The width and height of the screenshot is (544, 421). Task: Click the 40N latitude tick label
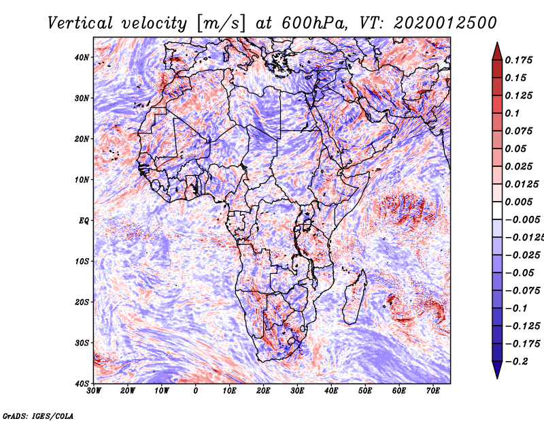pyautogui.click(x=82, y=57)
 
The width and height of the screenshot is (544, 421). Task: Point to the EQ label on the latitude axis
pyautogui.click(x=84, y=221)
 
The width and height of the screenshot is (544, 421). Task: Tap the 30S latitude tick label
pyautogui.click(x=82, y=343)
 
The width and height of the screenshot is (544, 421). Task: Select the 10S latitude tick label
pyautogui.click(x=82, y=261)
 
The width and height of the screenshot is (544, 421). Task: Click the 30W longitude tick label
pyautogui.click(x=94, y=391)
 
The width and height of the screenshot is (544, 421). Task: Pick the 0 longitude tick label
pyautogui.click(x=196, y=391)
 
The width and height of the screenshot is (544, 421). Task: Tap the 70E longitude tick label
pyautogui.click(x=433, y=391)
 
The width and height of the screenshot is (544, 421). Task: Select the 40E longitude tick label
pyautogui.click(x=331, y=391)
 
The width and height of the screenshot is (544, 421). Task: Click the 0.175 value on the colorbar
pyautogui.click(x=519, y=61)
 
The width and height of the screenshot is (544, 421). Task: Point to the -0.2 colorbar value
pyautogui.click(x=517, y=362)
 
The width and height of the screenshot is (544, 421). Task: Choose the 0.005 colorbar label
pyautogui.click(x=519, y=202)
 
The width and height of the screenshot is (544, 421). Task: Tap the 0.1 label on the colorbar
pyautogui.click(x=513, y=113)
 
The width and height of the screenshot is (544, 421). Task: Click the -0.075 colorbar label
pyautogui.click(x=523, y=291)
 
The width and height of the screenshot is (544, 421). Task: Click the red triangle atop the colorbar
pyautogui.click(x=497, y=51)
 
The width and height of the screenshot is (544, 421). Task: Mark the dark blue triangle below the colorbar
pyautogui.click(x=497, y=370)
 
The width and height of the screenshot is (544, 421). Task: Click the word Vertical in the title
pyautogui.click(x=80, y=23)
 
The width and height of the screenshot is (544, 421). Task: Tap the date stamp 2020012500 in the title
pyautogui.click(x=445, y=23)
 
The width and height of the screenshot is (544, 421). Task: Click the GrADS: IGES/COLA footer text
pyautogui.click(x=38, y=416)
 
